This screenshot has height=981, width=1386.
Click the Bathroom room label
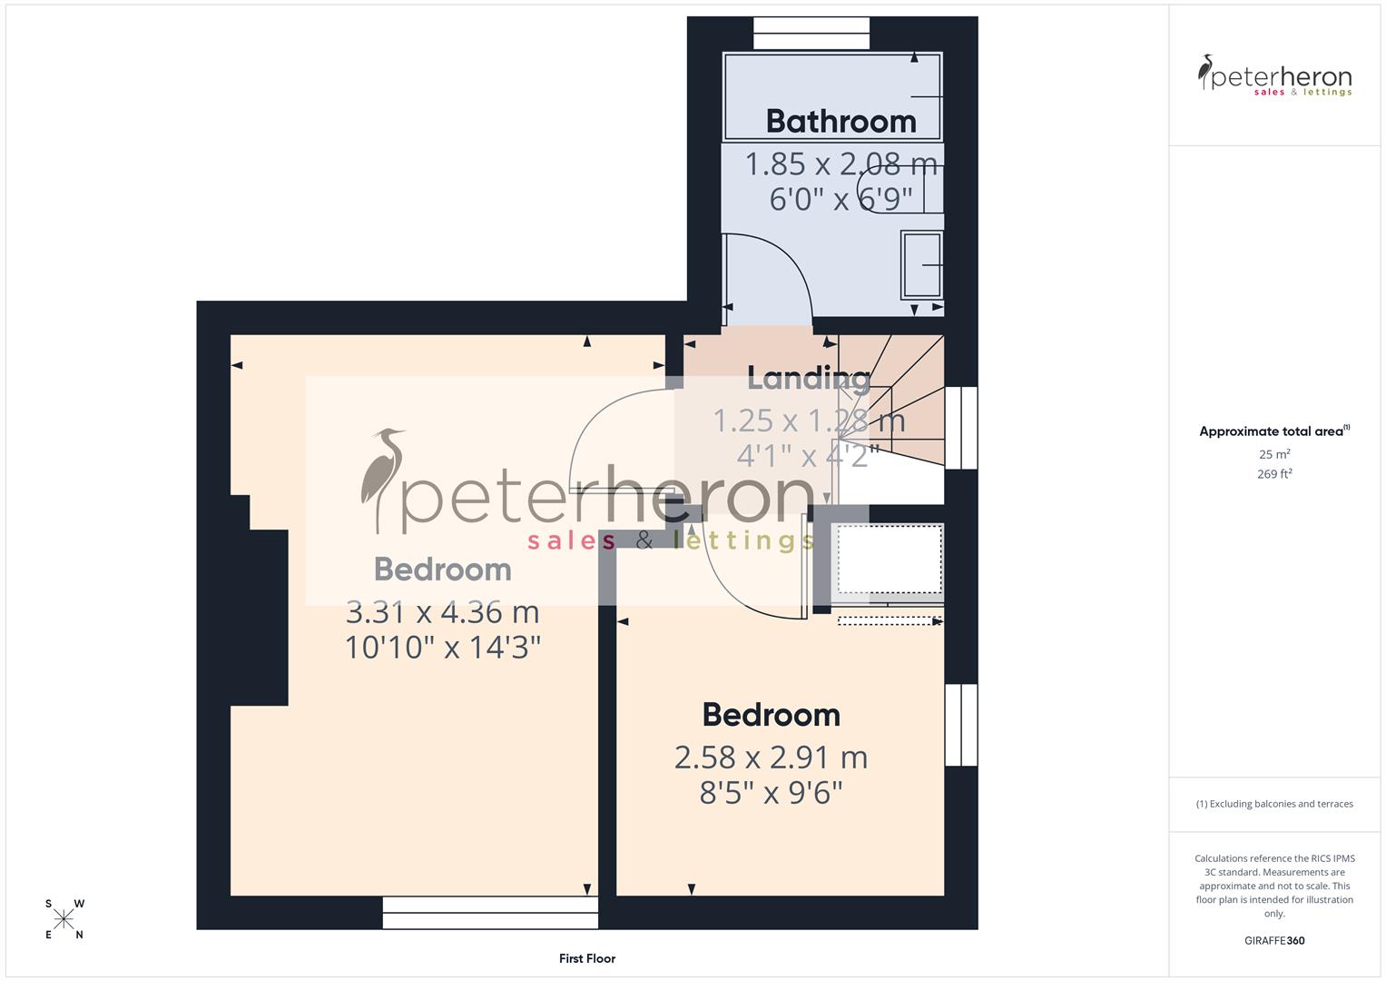(840, 121)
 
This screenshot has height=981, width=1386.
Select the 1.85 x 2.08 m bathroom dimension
(840, 164)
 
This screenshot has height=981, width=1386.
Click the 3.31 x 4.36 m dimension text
(443, 612)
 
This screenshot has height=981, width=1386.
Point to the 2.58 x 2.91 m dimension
(771, 758)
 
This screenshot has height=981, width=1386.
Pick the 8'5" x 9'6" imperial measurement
(771, 793)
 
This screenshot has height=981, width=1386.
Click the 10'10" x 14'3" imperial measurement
(443, 648)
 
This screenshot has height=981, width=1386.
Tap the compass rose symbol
(64, 919)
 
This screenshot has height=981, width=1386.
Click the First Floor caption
(587, 958)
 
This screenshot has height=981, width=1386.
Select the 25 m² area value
(1274, 454)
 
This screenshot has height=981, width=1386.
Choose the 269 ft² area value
(1274, 474)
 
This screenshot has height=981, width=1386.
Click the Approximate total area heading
(1274, 431)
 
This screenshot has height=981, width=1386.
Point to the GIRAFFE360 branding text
(1274, 940)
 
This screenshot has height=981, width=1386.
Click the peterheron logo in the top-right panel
(1274, 76)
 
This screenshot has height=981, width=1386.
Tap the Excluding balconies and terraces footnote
(1274, 804)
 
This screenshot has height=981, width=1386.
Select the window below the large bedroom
(490, 912)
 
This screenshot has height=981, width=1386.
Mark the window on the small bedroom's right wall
(961, 725)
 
